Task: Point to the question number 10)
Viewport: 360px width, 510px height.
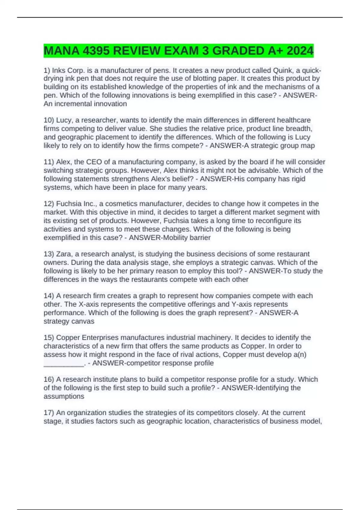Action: [x=49, y=120]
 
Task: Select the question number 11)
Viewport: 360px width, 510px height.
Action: [x=49, y=162]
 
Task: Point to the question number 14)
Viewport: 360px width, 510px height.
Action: [x=49, y=296]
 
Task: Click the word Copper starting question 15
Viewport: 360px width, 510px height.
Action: [x=68, y=337]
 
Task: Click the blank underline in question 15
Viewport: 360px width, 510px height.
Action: [x=64, y=364]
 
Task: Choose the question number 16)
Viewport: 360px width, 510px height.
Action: [x=49, y=379]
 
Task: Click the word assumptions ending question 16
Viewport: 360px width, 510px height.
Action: [x=64, y=396]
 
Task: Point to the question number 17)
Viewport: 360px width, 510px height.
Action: [x=49, y=412]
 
